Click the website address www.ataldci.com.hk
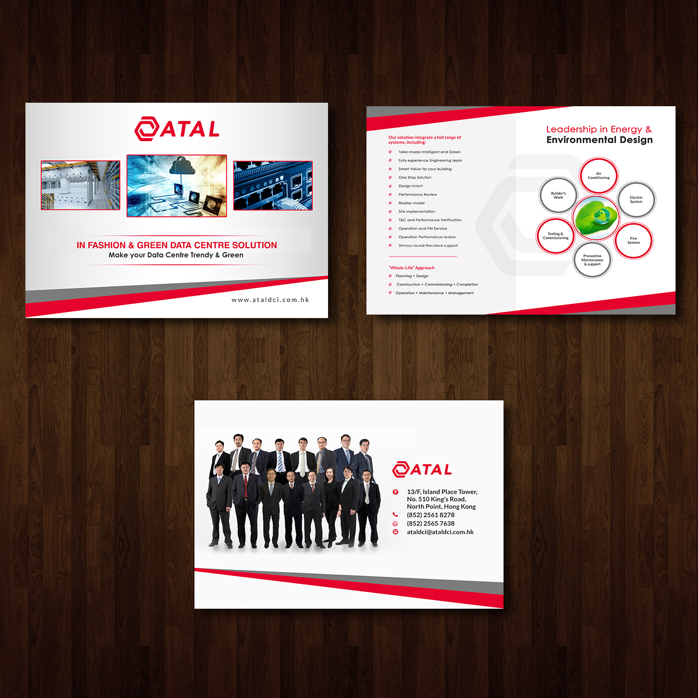[270, 300]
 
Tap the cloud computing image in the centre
[176, 185]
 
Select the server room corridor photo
[80, 185]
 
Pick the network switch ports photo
[273, 185]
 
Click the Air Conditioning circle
[598, 175]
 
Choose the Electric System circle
[636, 199]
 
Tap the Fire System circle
[633, 240]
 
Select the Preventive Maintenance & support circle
[592, 260]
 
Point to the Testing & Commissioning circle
[555, 236]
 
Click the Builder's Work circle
[558, 195]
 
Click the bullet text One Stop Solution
[415, 177]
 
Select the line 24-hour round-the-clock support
[428, 246]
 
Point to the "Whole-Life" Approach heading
[411, 268]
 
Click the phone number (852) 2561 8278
[430, 515]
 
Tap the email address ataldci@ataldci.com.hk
[440, 532]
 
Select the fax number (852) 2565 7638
[430, 523]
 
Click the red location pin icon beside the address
[395, 492]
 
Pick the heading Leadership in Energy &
[599, 129]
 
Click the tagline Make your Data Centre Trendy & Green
[176, 255]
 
